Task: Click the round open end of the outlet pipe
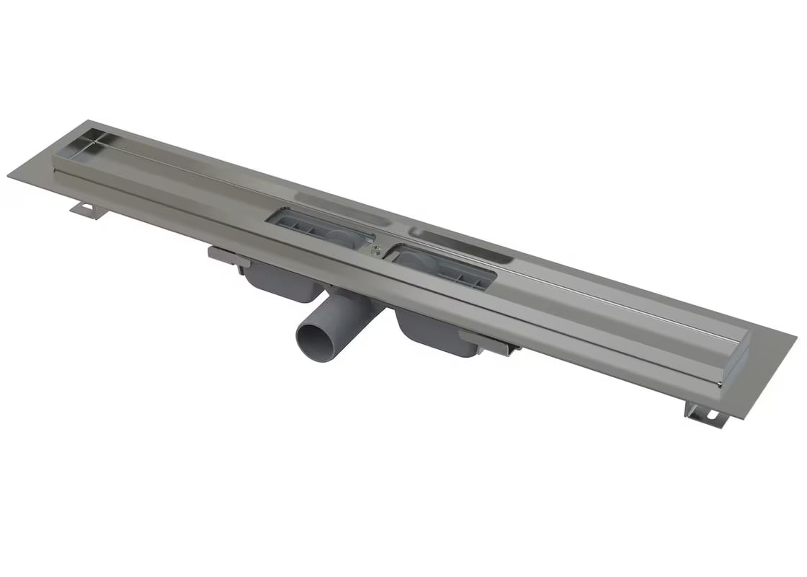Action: tap(315, 339)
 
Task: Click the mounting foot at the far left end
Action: tap(87, 208)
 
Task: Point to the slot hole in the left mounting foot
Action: tap(88, 210)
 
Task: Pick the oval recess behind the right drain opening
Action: tap(461, 245)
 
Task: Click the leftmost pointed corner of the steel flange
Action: tap(9, 175)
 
